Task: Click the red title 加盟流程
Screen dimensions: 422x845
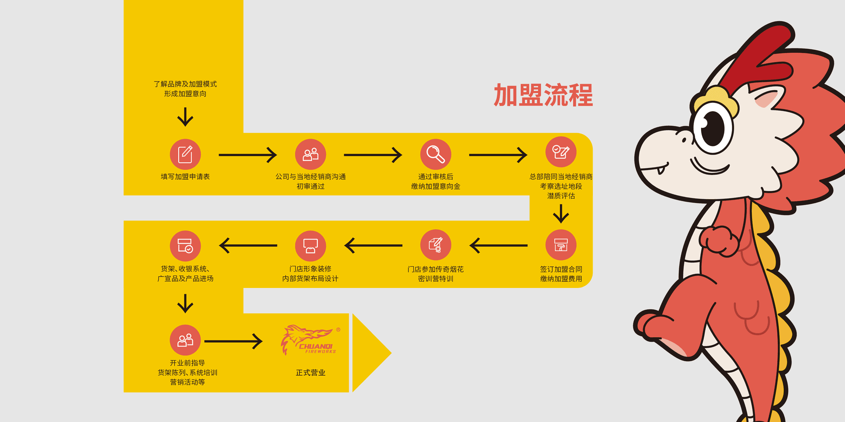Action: [543, 95]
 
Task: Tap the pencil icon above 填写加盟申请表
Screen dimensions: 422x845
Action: [185, 154]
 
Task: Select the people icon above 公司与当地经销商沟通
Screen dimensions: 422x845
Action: [310, 154]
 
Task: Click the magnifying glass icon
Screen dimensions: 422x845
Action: [435, 154]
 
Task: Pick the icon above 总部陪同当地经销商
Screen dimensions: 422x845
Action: [561, 152]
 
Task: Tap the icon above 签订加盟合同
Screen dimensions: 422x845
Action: [561, 245]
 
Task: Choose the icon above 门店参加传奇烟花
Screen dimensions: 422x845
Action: [435, 245]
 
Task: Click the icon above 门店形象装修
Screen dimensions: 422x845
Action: [310, 245]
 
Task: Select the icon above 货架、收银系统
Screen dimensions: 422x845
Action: [185, 245]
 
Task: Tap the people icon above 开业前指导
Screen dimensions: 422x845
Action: [185, 340]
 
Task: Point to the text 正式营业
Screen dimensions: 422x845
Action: [310, 373]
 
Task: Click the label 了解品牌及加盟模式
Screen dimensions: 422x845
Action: [185, 84]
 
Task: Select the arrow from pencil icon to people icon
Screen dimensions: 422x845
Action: [247, 155]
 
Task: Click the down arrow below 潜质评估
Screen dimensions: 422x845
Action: [561, 213]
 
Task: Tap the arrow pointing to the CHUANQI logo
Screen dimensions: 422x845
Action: [233, 341]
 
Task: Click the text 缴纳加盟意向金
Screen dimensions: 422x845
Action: [435, 186]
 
